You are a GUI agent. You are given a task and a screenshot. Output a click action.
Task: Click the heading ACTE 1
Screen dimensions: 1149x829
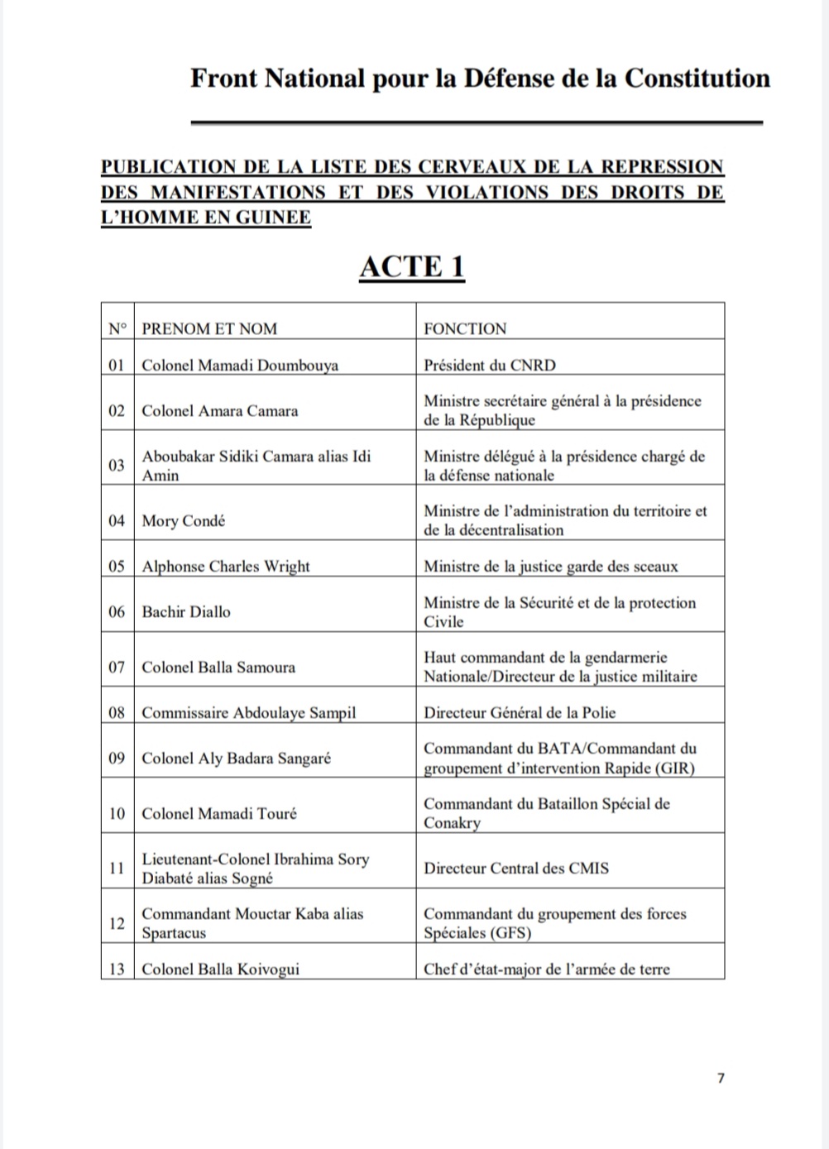coord(411,266)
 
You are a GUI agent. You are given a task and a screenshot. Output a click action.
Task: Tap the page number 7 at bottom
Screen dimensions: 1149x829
coord(721,1078)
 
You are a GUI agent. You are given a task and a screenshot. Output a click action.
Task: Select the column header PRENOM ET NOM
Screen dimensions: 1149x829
coord(209,328)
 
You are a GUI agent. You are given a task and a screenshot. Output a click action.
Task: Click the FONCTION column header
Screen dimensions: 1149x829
coord(465,328)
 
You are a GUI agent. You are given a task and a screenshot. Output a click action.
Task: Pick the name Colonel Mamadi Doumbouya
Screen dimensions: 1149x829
coord(240,365)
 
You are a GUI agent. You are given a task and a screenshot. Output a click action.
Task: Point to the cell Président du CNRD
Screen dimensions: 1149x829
coord(490,365)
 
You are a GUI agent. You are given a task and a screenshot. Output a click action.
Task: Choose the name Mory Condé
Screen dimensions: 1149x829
coord(184,520)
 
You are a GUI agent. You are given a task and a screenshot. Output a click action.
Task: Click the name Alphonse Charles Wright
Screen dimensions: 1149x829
coord(226,566)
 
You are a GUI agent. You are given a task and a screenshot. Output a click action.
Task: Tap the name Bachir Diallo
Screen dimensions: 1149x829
coord(186,611)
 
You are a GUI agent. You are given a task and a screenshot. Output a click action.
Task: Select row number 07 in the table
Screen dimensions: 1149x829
coord(117,667)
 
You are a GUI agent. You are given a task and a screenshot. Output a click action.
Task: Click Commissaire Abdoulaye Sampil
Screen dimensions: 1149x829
coord(249,712)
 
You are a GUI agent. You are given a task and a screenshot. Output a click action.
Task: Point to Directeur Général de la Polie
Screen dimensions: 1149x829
coord(520,712)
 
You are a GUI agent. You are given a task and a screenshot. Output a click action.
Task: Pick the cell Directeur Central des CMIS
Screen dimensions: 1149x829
coord(516,868)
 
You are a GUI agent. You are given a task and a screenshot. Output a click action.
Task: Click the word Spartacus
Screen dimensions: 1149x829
coord(174,932)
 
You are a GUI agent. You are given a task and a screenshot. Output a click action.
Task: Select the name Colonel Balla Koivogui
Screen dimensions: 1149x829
coord(221,969)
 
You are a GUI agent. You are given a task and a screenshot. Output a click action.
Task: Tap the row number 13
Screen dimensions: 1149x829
coord(117,969)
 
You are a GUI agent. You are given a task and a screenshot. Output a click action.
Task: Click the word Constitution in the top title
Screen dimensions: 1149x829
coord(697,78)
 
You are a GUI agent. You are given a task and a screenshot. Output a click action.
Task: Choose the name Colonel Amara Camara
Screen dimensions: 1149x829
coord(220,410)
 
